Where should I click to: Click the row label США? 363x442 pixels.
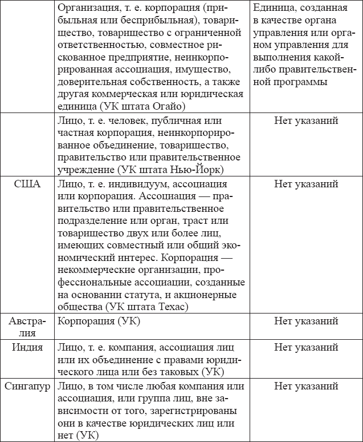(28, 184)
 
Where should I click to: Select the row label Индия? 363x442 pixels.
(28, 347)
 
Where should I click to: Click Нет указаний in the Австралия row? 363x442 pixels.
(306, 321)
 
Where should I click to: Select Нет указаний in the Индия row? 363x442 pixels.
(306, 347)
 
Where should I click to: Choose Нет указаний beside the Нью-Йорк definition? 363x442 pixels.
(306, 120)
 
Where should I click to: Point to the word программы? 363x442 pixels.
(300, 82)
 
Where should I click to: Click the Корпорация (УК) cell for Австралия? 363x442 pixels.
(94, 321)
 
